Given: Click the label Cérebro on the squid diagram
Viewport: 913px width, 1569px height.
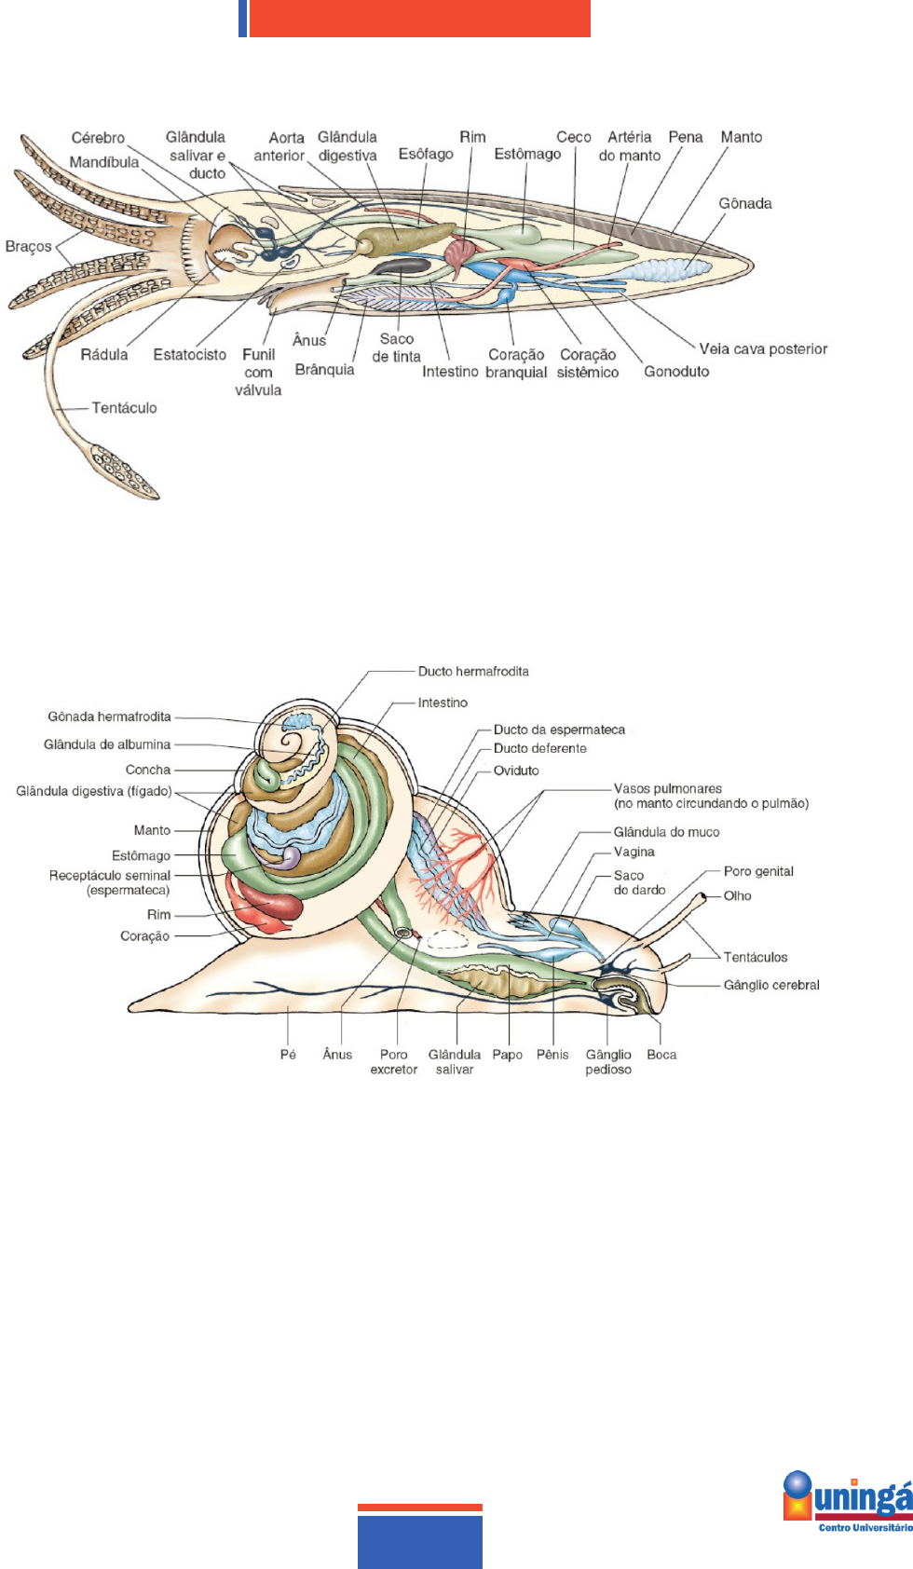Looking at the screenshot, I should pos(98,138).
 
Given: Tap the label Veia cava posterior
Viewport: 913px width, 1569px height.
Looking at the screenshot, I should pos(763,349).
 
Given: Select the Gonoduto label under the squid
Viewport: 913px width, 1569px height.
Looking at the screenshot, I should pos(676,372).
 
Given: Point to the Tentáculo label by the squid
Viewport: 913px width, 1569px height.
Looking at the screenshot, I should pos(124,408).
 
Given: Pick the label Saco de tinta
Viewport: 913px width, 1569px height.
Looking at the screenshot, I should pos(397,348).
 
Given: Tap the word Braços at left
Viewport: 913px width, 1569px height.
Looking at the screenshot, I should pos(28,247).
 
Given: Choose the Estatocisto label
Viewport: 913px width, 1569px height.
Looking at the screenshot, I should pos(189,355).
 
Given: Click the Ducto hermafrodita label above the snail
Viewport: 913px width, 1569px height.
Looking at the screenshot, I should pos(473,672).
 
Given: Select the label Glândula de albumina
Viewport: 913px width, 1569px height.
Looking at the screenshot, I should pos(107,744).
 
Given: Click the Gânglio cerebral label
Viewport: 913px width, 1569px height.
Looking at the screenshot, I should pos(771,985).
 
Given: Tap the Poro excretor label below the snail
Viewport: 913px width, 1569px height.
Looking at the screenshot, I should pos(394,1062).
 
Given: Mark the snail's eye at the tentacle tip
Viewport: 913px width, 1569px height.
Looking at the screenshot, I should pos(704,897).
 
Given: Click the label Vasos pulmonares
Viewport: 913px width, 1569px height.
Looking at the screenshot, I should pos(668,789).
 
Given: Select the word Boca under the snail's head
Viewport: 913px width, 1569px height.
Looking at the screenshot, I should pos(661,1055).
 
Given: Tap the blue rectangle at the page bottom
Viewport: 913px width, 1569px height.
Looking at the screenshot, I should pos(420,1542).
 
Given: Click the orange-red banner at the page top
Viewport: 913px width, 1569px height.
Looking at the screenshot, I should pos(419,18).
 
